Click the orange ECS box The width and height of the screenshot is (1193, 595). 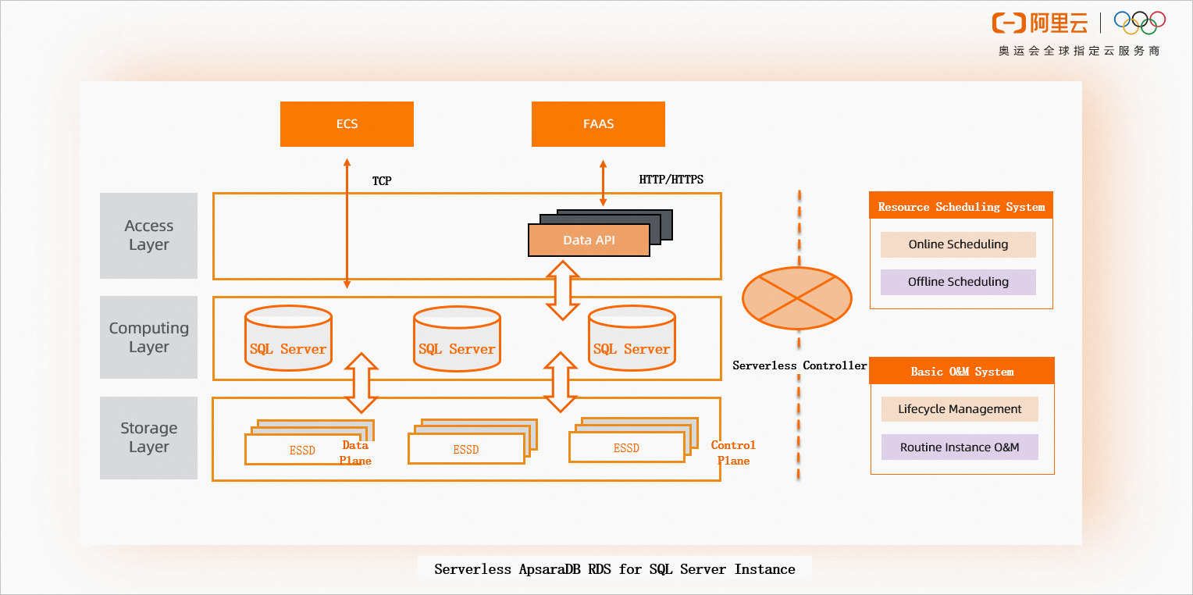point(347,124)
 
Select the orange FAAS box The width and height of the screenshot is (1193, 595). point(598,124)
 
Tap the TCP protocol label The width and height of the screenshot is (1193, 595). point(382,181)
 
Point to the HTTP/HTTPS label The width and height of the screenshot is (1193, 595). point(671,180)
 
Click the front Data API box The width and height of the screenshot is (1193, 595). point(589,240)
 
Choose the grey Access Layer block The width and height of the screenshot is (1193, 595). point(148,236)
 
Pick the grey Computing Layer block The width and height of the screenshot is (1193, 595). point(148,337)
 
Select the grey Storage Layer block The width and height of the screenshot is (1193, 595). point(148,437)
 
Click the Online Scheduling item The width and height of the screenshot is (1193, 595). point(958,244)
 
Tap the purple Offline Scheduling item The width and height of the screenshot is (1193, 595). point(958,282)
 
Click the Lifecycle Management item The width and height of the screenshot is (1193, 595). point(960,409)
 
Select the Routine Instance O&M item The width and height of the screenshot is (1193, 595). point(960,447)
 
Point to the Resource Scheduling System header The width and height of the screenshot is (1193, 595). point(961,207)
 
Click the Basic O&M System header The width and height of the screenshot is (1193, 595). point(962,372)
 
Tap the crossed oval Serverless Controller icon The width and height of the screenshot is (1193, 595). point(796,297)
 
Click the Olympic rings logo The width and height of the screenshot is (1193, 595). point(1140,23)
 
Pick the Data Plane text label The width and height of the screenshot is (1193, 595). point(355,453)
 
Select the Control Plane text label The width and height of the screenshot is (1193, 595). point(733,453)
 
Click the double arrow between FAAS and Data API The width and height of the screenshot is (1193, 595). point(603,184)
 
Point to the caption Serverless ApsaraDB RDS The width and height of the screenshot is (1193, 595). point(614,569)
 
